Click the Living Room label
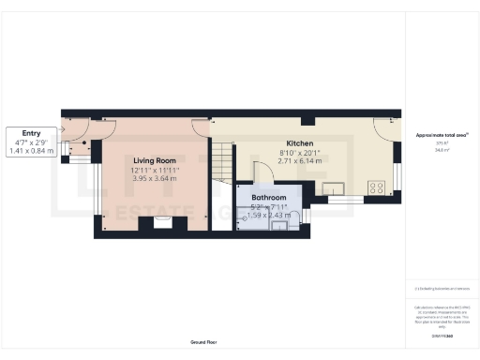tap(156, 160)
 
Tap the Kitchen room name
tap(300, 143)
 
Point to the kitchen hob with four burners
tap(379, 187)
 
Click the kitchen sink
tap(337, 187)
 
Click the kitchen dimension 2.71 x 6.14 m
tap(300, 162)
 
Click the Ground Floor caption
tap(203, 342)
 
